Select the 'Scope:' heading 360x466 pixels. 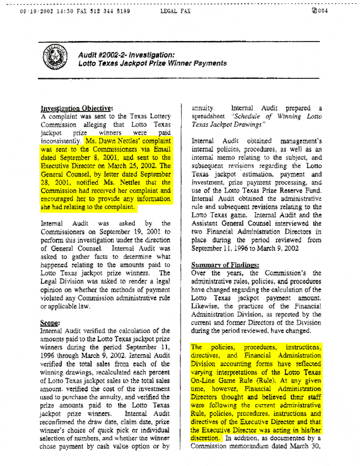[51, 324]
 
